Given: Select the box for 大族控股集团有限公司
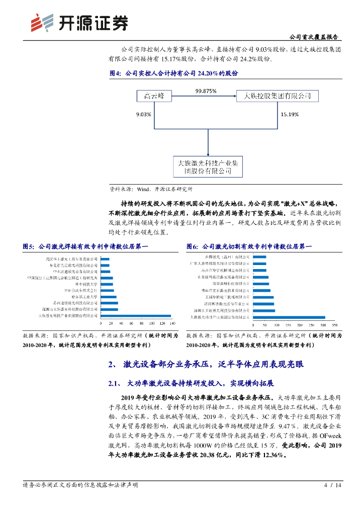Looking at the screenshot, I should point(277,96).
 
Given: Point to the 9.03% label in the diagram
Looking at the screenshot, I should point(144,114).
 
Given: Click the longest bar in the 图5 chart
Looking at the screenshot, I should point(136,316).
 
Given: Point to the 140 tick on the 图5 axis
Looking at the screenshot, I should point(170,323).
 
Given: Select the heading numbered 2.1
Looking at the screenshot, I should point(191,384).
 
